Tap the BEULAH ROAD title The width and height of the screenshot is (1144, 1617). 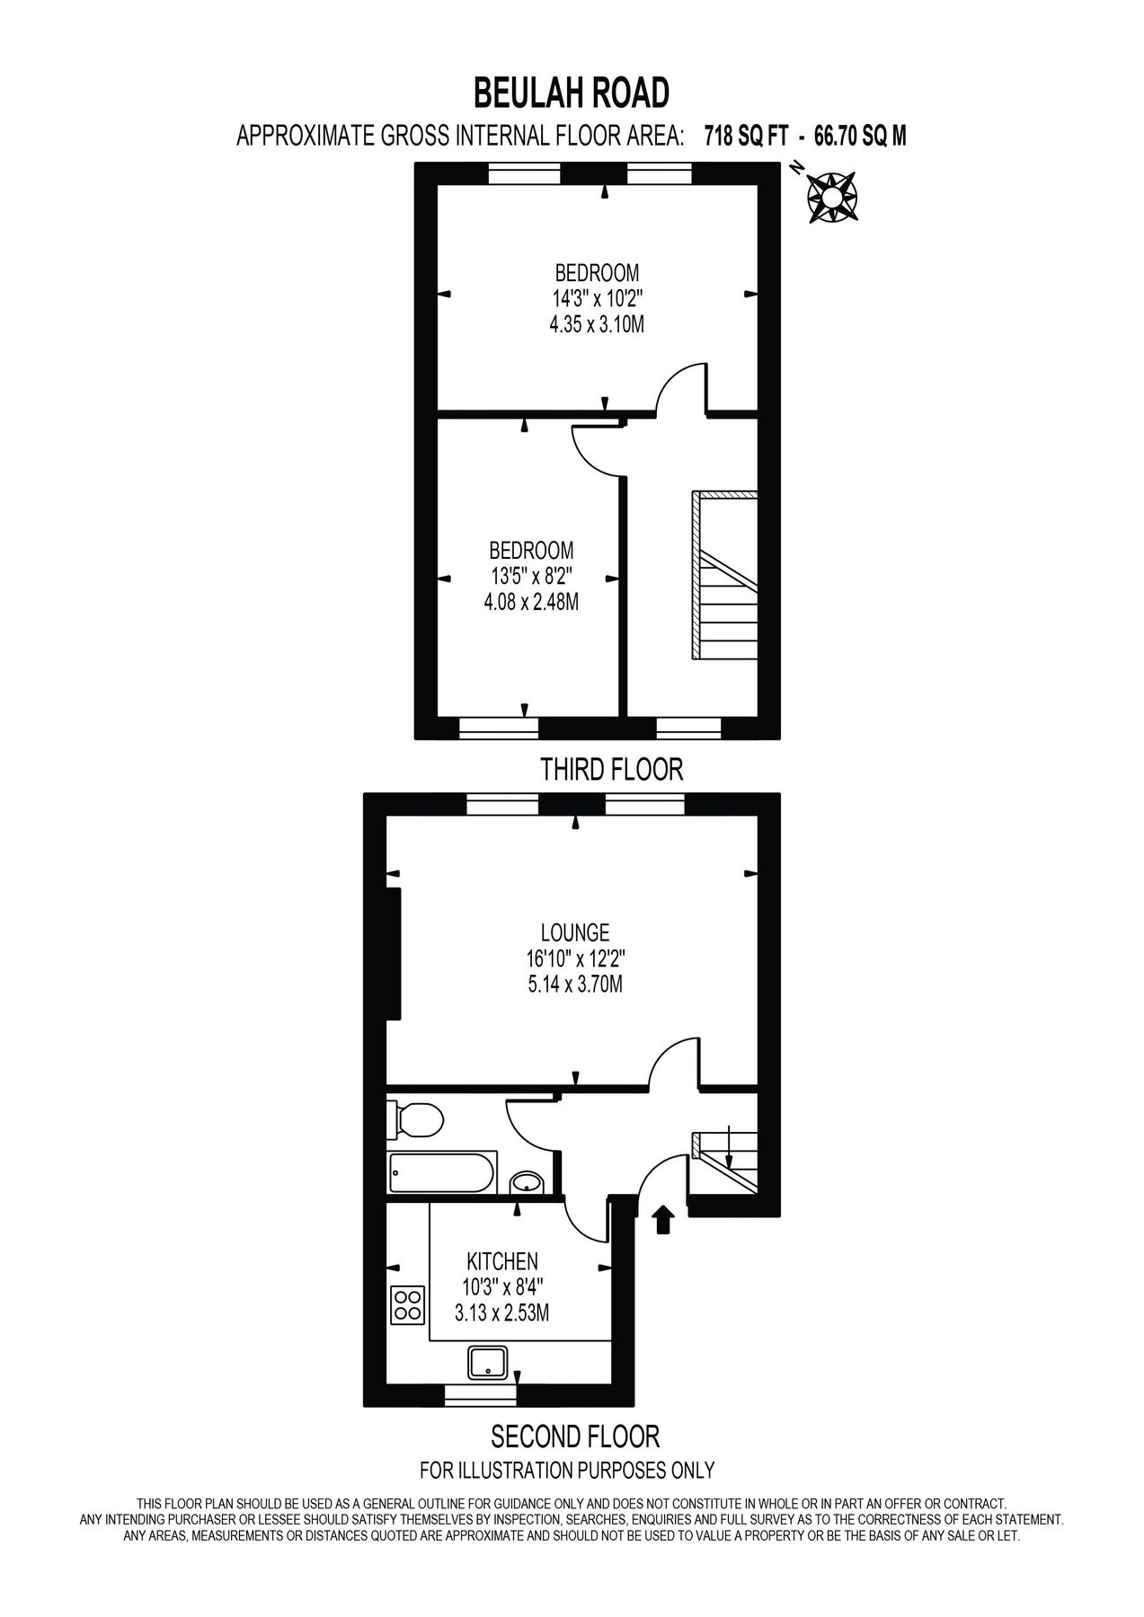coord(572,93)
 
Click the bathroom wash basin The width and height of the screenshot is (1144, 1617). coord(527,1183)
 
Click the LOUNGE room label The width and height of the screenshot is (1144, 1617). coord(575,932)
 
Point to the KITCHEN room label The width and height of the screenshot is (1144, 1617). coord(501,1260)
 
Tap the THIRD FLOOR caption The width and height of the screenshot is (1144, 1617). coord(611,769)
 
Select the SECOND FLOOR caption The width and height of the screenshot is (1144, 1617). coord(575,1436)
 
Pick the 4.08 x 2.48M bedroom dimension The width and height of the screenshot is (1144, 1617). coord(530,601)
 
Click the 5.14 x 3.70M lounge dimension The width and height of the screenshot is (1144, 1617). coord(575,985)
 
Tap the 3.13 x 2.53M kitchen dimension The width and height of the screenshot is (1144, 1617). coord(501,1312)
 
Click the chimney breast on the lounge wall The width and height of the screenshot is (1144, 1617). coord(394,954)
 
